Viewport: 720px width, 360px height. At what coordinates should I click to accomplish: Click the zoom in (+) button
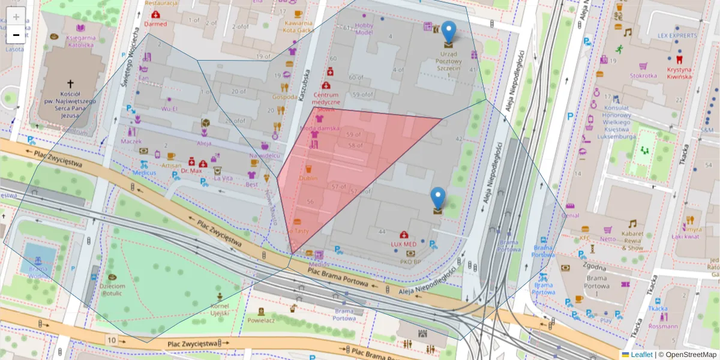pyautogui.click(x=16, y=17)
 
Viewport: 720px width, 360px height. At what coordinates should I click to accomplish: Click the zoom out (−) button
pyautogui.click(x=16, y=35)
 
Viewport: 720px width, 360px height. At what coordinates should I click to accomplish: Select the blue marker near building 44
pyautogui.click(x=439, y=198)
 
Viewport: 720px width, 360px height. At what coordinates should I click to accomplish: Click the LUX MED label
pyautogui.click(x=403, y=244)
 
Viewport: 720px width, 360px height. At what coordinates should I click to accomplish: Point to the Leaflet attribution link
pyautogui.click(x=641, y=355)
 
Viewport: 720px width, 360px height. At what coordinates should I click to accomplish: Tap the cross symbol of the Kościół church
pyautogui.click(x=70, y=85)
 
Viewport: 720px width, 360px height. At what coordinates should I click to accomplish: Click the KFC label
pyautogui.click(x=584, y=238)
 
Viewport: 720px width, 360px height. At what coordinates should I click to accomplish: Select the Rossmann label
pyautogui.click(x=663, y=326)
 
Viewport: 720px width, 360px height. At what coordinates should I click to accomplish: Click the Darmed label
pyautogui.click(x=156, y=24)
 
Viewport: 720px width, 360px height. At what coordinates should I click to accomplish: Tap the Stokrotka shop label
pyautogui.click(x=643, y=76)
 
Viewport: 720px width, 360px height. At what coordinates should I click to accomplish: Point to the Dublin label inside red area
pyautogui.click(x=308, y=178)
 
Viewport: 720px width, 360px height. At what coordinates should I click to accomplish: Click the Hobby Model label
pyautogui.click(x=364, y=29)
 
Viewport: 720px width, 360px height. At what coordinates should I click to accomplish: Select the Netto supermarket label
pyautogui.click(x=608, y=239)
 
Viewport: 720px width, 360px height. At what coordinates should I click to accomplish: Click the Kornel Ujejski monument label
pyautogui.click(x=220, y=310)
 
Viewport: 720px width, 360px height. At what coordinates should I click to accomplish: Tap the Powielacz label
pyautogui.click(x=261, y=320)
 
